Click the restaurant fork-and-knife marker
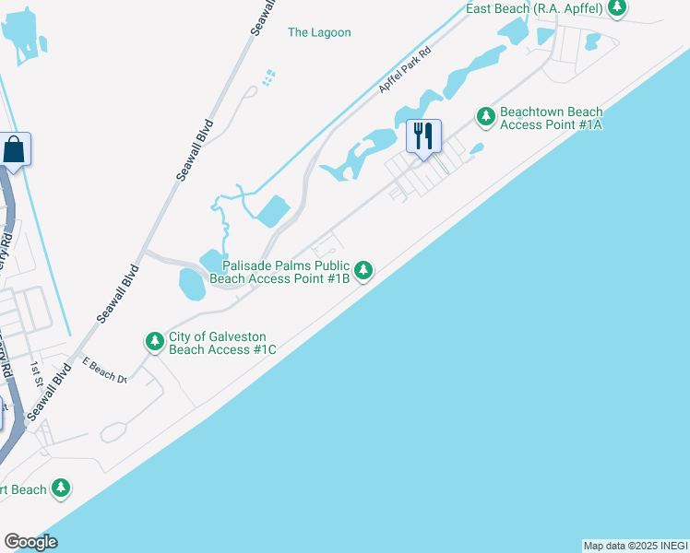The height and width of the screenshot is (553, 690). pos(423,136)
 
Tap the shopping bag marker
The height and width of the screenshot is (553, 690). pos(15,149)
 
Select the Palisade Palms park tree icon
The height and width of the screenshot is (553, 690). pos(364,270)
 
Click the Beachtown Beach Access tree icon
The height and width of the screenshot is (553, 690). pos(485,117)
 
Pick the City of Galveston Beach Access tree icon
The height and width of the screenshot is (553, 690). pos(154,342)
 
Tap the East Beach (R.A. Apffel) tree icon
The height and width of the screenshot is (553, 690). pos(617,8)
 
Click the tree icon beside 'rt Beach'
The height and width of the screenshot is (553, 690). pos(61,488)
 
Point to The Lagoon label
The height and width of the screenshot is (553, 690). pos(319,32)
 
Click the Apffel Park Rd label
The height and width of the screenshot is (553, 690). pos(405,71)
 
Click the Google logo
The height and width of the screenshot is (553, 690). pos(30,542)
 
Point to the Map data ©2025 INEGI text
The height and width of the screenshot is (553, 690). pos(636,546)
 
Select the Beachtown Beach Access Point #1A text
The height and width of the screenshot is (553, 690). pos(551,118)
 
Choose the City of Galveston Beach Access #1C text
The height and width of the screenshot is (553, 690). pos(222,343)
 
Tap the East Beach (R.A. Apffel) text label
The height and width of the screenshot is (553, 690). pos(534,8)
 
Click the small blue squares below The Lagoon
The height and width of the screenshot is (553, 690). pos(268,77)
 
